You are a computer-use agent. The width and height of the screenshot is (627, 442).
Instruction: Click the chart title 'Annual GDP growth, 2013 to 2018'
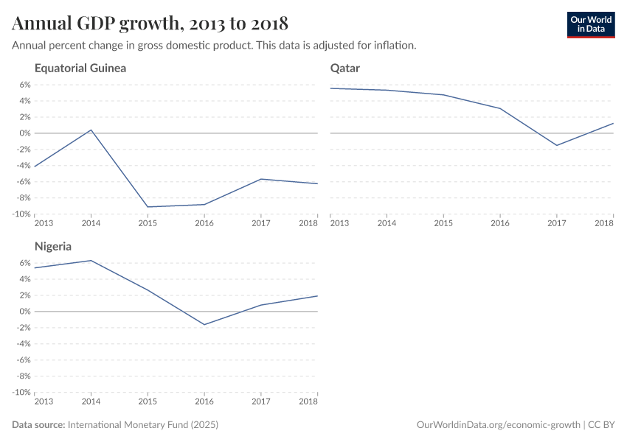click(150, 24)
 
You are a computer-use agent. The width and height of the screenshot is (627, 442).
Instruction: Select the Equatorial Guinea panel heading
click(80, 69)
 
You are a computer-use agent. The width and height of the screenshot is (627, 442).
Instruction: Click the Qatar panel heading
click(345, 69)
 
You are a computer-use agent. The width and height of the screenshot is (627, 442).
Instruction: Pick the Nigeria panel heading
click(53, 247)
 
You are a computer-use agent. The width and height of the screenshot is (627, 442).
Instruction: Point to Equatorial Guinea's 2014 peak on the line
click(91, 130)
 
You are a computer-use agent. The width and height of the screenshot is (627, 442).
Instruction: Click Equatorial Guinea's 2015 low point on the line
click(148, 207)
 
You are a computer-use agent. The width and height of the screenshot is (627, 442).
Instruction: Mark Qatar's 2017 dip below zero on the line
click(557, 145)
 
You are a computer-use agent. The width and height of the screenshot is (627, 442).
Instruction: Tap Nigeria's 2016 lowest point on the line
click(204, 324)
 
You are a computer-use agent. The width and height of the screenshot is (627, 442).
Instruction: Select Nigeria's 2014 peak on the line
click(91, 260)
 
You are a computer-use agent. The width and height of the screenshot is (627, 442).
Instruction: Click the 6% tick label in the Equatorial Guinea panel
click(24, 85)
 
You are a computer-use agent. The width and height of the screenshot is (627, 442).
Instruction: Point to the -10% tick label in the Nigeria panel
click(21, 393)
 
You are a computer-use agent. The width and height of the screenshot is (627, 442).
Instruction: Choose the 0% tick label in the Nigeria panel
click(24, 312)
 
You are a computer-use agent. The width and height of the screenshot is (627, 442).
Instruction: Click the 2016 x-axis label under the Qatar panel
click(500, 223)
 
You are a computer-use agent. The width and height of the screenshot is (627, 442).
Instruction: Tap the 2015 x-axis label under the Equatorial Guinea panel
click(148, 223)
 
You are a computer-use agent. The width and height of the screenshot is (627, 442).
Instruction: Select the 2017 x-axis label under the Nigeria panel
click(261, 401)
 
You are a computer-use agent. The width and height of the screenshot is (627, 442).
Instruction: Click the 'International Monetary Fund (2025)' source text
click(143, 425)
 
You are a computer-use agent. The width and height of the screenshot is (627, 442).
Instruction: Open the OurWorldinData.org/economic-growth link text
click(499, 425)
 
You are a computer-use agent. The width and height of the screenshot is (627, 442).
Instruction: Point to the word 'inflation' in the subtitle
click(395, 46)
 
